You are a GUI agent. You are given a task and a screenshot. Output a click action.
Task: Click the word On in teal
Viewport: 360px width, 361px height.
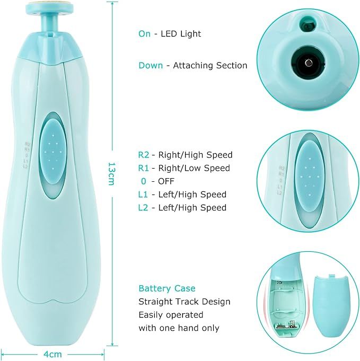point(144,33)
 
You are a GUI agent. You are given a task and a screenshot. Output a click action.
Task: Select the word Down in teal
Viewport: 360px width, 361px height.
point(151,66)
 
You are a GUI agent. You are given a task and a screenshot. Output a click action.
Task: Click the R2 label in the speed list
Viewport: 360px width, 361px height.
point(144,155)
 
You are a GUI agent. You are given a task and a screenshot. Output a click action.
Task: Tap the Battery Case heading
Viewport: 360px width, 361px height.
point(167,288)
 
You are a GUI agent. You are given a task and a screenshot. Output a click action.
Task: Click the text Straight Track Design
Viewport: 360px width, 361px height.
point(185,302)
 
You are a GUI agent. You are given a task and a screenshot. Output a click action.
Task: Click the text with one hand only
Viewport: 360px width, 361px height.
point(179,328)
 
